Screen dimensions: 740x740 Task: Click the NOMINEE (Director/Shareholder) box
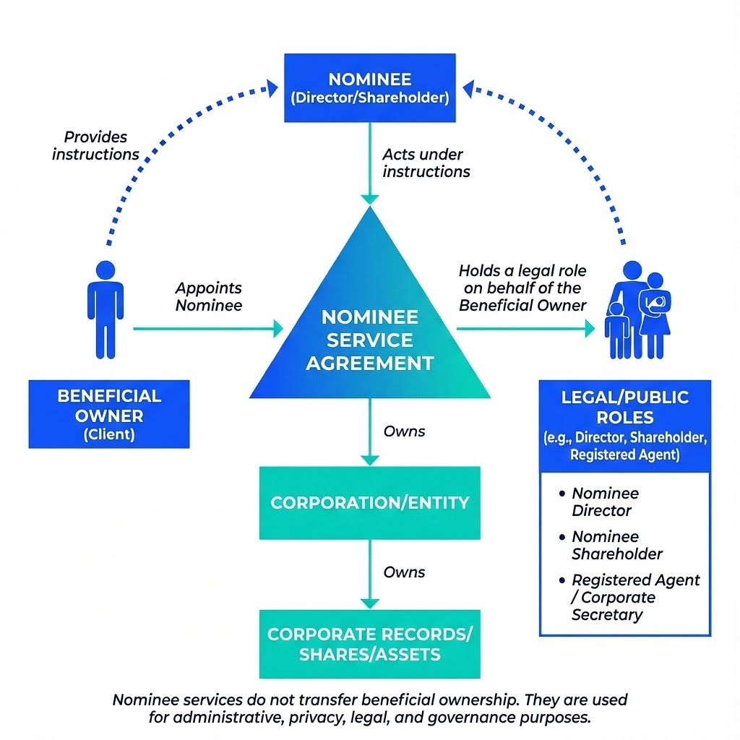click(369, 87)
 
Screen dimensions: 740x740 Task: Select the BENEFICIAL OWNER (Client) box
click(109, 415)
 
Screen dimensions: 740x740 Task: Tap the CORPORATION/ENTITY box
click(369, 502)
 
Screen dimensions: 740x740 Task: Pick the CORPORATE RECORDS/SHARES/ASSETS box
click(369, 644)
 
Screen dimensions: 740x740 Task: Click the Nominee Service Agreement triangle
click(369, 332)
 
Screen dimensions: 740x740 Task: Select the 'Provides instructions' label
click(95, 145)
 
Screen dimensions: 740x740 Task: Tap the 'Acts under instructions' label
click(426, 163)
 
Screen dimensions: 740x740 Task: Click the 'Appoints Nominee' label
click(208, 296)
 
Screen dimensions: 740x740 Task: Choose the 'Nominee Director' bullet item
click(605, 502)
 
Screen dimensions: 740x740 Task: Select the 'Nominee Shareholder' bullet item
click(616, 545)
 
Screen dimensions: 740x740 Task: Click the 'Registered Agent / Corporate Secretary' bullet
click(634, 598)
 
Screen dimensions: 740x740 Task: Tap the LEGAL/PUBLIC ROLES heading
click(625, 408)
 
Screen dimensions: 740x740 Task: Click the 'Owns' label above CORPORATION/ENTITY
click(404, 431)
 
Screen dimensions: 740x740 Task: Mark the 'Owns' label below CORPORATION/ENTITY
click(404, 572)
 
